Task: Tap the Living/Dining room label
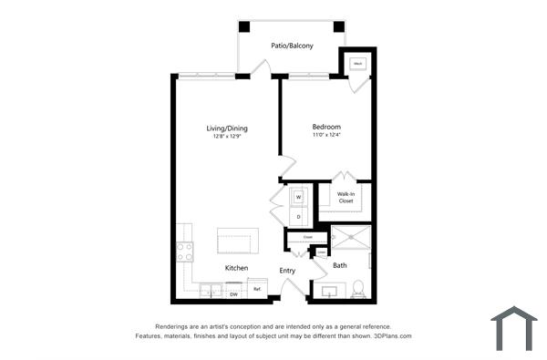[227, 129]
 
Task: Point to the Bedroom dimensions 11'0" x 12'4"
[326, 135]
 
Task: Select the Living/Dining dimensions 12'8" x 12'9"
[227, 138]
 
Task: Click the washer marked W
[298, 195]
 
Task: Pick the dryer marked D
[298, 216]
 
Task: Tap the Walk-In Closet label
[346, 198]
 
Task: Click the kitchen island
[237, 242]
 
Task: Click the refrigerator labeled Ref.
[257, 291]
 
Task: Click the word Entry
[287, 270]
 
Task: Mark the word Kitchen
[237, 268]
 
